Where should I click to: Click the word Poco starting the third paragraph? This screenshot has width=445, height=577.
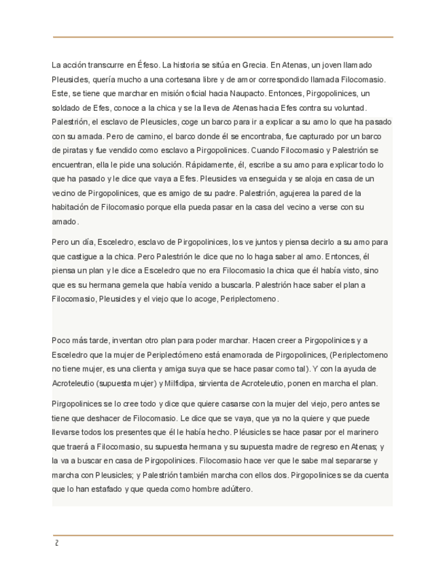coord(61,340)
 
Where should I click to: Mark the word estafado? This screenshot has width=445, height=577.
coord(101,489)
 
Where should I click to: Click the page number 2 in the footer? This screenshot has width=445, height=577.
coord(56,543)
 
